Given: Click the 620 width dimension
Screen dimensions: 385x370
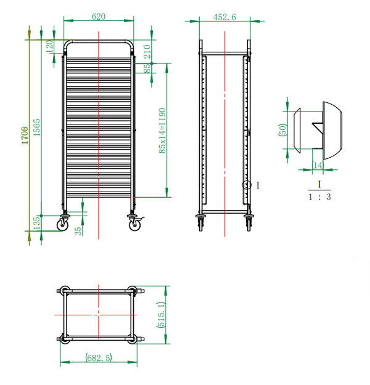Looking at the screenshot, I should [x=98, y=17].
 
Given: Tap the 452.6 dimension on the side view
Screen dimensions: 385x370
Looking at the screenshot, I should [x=224, y=17].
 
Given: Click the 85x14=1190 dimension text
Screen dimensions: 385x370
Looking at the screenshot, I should [x=162, y=131].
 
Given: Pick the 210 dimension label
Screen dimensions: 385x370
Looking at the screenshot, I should [x=147, y=49].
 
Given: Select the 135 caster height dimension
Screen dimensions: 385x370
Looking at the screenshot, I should [x=36, y=223].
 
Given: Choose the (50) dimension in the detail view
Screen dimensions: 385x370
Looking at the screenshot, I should [x=284, y=131].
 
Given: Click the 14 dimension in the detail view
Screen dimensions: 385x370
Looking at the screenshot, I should [x=318, y=165].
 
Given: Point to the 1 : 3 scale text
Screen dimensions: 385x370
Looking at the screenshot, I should [x=319, y=197].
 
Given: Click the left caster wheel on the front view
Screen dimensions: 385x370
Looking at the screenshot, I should [x=64, y=225].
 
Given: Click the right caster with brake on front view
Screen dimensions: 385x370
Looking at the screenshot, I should [x=135, y=225].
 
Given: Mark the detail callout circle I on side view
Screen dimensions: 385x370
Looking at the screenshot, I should [x=247, y=185].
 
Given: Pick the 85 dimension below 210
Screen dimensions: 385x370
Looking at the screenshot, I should [x=147, y=68].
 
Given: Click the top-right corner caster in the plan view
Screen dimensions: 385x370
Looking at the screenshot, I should [x=131, y=291].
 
